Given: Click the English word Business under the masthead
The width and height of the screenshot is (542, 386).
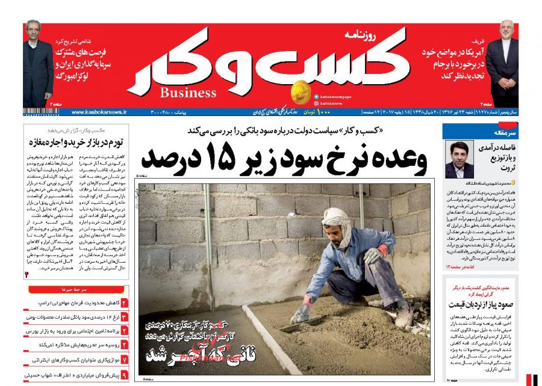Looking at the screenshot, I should [x=188, y=93].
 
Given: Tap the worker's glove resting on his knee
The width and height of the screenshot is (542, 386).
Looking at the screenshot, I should [x=375, y=254].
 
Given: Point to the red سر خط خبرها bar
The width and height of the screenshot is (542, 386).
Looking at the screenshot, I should [x=75, y=290].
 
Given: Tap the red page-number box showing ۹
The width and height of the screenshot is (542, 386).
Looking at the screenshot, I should [x=124, y=374].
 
